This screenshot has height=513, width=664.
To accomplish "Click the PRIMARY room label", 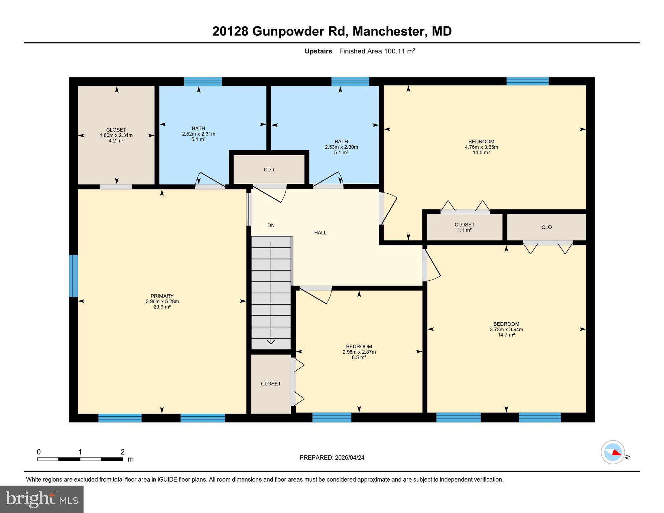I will pos(162,296).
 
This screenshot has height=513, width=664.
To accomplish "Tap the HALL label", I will pos(320,233).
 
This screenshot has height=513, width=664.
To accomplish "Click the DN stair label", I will pos(271,225).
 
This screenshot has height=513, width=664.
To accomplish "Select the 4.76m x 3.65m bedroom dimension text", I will pos(481,147).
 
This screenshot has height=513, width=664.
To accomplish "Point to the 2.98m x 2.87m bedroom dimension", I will pos(359,352).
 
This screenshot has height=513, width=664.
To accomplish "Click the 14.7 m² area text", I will pos(506,335).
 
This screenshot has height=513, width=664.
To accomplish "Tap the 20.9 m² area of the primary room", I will pos(162,307).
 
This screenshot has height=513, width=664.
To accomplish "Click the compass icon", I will pos(613,452).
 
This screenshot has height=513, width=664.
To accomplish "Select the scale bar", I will pos(80,459).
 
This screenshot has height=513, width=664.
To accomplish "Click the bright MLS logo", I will pos(42,499).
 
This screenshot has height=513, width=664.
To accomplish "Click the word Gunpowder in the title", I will pos(287,31).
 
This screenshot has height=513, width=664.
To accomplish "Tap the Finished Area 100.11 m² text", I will pos(377,51).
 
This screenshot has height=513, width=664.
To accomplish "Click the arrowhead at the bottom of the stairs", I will pos(271,342).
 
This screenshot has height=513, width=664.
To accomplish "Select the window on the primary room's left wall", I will pos(74,276).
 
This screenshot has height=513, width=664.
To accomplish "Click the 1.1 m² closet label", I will pos(464,230).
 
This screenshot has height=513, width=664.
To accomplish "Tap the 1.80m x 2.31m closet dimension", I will pos(116,135).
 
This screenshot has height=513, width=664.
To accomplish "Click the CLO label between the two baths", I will pos(269,170).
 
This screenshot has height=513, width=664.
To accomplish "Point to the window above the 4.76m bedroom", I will pos(527,81).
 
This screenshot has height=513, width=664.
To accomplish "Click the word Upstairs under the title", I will pos(318,51).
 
